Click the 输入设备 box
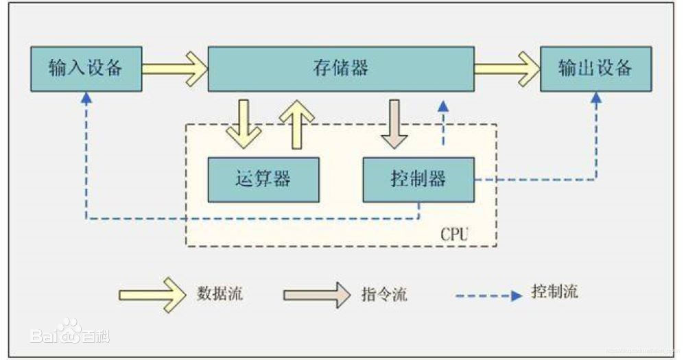coord(86,69)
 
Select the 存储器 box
coord(341,69)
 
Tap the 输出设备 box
coord(595,69)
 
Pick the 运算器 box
coord(263,180)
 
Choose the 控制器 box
coord(418,180)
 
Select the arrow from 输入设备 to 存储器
coord(175,69)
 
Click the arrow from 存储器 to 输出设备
coord(507,69)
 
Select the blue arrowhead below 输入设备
coord(86,98)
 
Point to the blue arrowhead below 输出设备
coord(595,98)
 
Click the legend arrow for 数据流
coord(153,294)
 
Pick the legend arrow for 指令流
coord(316,294)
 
